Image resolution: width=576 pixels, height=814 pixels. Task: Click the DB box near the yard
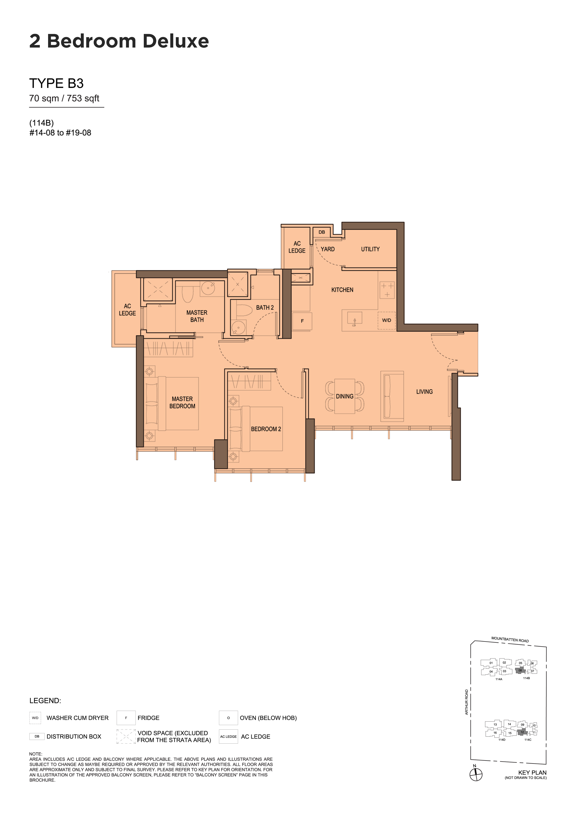[321, 232]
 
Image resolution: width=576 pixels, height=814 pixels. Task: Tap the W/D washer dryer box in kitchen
[386, 320]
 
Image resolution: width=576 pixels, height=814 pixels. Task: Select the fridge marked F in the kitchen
[302, 321]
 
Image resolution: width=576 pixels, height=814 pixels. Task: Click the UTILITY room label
[370, 249]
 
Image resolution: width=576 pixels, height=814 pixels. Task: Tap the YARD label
[327, 249]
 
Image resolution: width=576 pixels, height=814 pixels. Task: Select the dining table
[345, 396]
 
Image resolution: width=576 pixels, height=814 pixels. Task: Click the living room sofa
[392, 396]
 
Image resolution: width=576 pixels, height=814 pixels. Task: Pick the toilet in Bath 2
[244, 310]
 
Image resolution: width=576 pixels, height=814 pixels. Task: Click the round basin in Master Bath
[208, 288]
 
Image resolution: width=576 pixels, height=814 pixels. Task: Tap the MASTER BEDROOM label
[182, 402]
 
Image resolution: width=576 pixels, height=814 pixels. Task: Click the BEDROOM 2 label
[266, 429]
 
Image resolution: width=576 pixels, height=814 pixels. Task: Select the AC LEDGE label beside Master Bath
[128, 310]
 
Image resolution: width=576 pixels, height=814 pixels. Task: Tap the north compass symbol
[476, 774]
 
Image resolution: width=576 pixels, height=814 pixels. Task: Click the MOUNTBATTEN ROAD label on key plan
[510, 640]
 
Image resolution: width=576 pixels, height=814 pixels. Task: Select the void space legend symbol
[126, 736]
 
